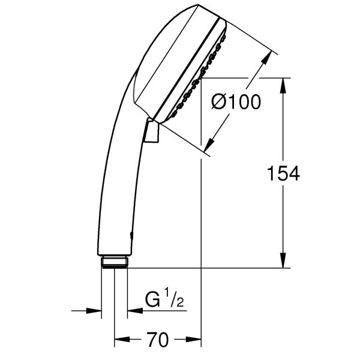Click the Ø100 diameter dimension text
coord(236,103)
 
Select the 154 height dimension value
coord(283,174)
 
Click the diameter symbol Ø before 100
coord(220,103)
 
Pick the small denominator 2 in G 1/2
coord(178,304)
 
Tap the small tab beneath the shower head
coord(152,131)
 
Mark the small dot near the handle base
coord(131,236)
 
